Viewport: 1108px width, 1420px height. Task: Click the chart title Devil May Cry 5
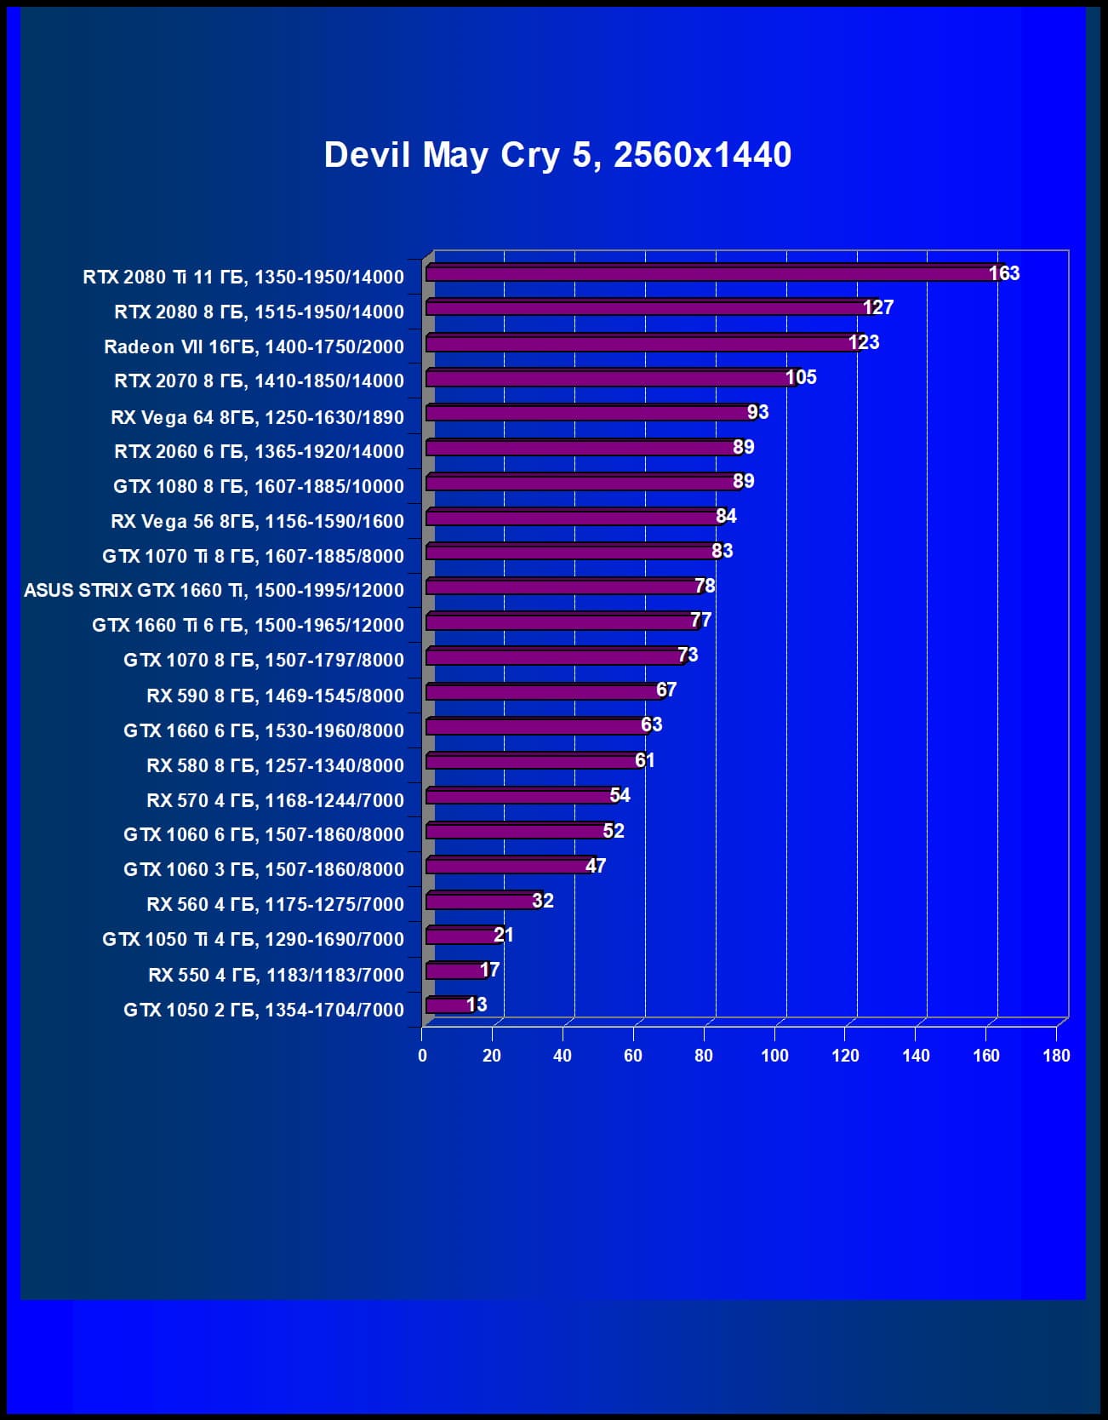[x=557, y=155]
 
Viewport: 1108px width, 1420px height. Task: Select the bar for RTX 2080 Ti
[x=711, y=273]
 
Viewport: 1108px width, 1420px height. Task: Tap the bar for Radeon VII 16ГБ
[x=643, y=343]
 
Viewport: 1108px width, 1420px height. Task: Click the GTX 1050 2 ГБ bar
[x=448, y=1005]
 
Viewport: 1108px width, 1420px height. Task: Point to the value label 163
[x=1004, y=273]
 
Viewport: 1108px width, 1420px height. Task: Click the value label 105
[x=801, y=377]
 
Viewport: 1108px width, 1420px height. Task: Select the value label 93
[x=757, y=412]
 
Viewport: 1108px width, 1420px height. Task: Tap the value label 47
[x=596, y=866]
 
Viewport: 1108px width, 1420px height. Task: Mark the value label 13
[x=477, y=1005]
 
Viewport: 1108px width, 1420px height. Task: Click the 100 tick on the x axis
[x=774, y=1056]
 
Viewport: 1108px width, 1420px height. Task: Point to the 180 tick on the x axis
[x=1056, y=1056]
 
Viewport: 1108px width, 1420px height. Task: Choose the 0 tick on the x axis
[x=422, y=1056]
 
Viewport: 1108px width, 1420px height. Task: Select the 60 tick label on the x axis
[x=633, y=1056]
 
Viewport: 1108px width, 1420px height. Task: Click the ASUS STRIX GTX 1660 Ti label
[x=214, y=590]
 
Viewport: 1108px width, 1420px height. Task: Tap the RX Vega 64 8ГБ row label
[x=257, y=417]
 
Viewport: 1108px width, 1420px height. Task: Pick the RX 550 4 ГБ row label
[x=276, y=975]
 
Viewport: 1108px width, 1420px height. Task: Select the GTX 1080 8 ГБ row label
[x=259, y=486]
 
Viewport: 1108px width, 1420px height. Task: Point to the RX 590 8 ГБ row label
[x=275, y=696]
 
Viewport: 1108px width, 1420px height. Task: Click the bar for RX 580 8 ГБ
[x=534, y=761]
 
